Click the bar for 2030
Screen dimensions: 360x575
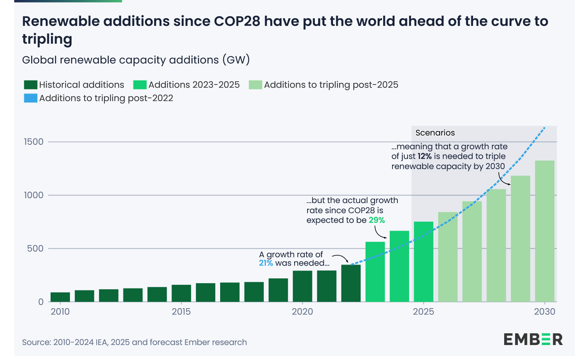545,231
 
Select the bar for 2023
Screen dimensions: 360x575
375,272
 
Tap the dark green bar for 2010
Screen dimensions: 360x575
60,297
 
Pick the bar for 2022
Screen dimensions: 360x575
351,283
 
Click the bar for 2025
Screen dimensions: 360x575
424,262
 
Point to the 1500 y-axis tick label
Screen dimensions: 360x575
34,142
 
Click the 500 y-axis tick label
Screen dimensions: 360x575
35,249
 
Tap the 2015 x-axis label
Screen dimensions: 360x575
181,312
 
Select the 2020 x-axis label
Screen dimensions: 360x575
302,312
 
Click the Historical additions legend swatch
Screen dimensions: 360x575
31,85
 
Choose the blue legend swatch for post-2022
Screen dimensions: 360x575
31,98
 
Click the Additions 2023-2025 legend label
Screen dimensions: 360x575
194,85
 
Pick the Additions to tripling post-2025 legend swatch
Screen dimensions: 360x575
255,85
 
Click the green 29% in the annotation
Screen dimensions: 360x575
377,220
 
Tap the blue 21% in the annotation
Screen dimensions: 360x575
266,263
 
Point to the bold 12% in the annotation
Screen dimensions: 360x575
425,157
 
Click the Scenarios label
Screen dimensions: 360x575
435,133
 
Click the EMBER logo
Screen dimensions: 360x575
533,339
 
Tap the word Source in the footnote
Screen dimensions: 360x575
36,343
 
